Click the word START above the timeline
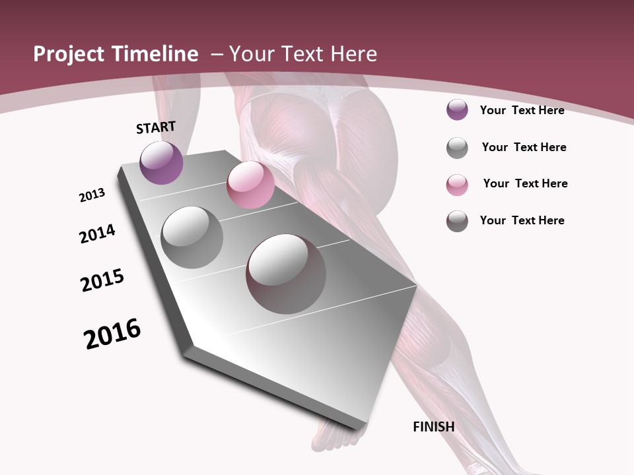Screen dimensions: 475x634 156,127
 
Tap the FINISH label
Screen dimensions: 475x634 433,427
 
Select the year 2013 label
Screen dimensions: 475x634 92,195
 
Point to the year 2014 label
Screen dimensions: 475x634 97,234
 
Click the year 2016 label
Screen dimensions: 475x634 112,334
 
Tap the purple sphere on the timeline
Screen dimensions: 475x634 161,163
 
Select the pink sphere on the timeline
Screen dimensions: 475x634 250,185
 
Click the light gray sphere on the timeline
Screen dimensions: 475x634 192,237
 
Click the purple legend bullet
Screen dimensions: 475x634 457,110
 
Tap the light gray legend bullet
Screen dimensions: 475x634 457,148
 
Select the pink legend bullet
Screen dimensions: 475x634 457,185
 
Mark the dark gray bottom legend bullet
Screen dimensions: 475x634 457,221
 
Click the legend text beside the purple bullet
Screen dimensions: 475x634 522,110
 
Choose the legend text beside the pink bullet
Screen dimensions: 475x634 525,183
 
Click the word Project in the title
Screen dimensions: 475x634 69,54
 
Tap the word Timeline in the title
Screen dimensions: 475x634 156,54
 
